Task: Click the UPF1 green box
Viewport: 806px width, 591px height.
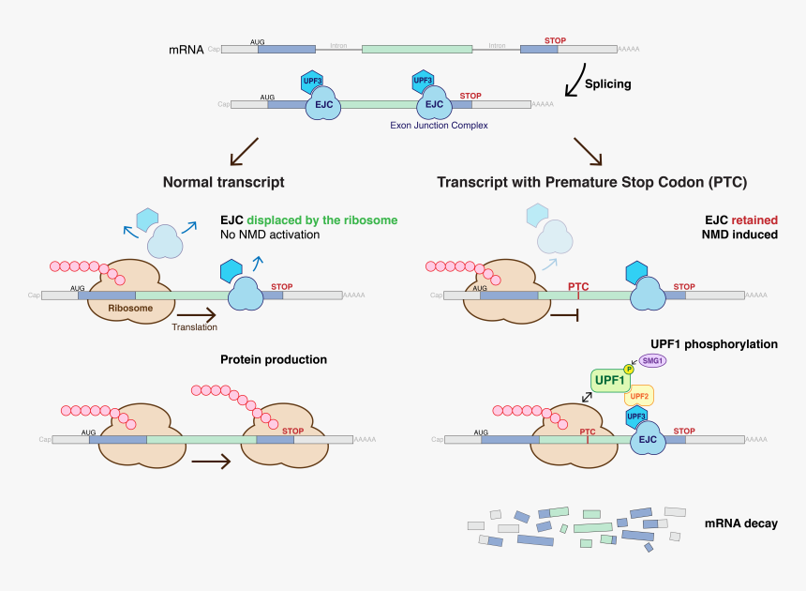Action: tap(609, 381)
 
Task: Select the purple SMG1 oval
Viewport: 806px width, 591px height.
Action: tap(653, 359)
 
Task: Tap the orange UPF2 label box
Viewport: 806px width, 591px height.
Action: tap(639, 396)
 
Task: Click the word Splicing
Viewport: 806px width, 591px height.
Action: tap(607, 83)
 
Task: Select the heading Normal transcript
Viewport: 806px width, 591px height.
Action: tap(223, 182)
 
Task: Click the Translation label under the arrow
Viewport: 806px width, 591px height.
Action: tap(194, 327)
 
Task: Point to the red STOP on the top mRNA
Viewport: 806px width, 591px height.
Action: tap(556, 40)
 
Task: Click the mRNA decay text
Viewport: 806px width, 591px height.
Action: tap(740, 523)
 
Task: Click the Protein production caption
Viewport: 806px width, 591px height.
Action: tap(274, 359)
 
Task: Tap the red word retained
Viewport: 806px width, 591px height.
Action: tap(754, 220)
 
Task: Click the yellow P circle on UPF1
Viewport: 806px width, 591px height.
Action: tap(629, 369)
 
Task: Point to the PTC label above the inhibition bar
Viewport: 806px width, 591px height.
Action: tap(578, 285)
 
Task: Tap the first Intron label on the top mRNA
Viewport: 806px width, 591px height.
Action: tap(339, 45)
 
